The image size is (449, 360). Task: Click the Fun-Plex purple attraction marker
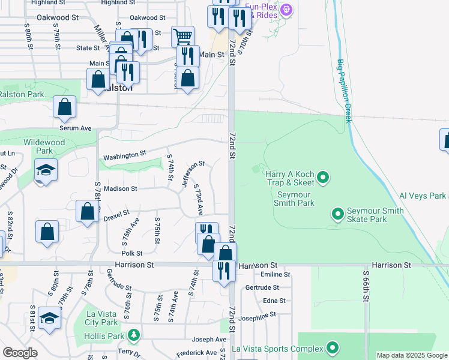coord(286,10)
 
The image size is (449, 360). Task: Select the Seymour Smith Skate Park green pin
coord(337,214)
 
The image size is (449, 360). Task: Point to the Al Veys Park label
coord(423,196)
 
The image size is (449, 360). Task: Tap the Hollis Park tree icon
coord(135,334)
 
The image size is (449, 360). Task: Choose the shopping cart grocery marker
coord(182,36)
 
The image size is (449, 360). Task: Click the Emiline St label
coord(276,274)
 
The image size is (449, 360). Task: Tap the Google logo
coord(20,353)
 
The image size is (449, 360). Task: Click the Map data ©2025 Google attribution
coord(411,355)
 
